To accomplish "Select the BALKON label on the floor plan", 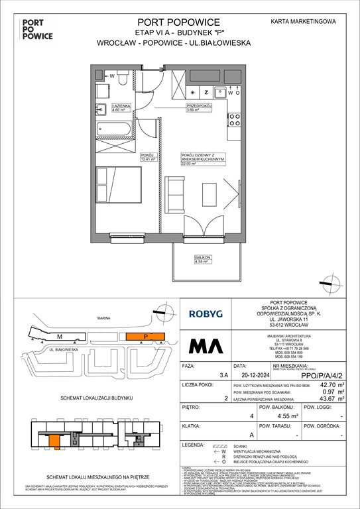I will (x=184, y=258).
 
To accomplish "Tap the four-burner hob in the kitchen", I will (x=234, y=120).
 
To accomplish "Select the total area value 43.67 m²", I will (x=330, y=418).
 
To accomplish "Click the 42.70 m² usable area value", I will (x=330, y=402).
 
